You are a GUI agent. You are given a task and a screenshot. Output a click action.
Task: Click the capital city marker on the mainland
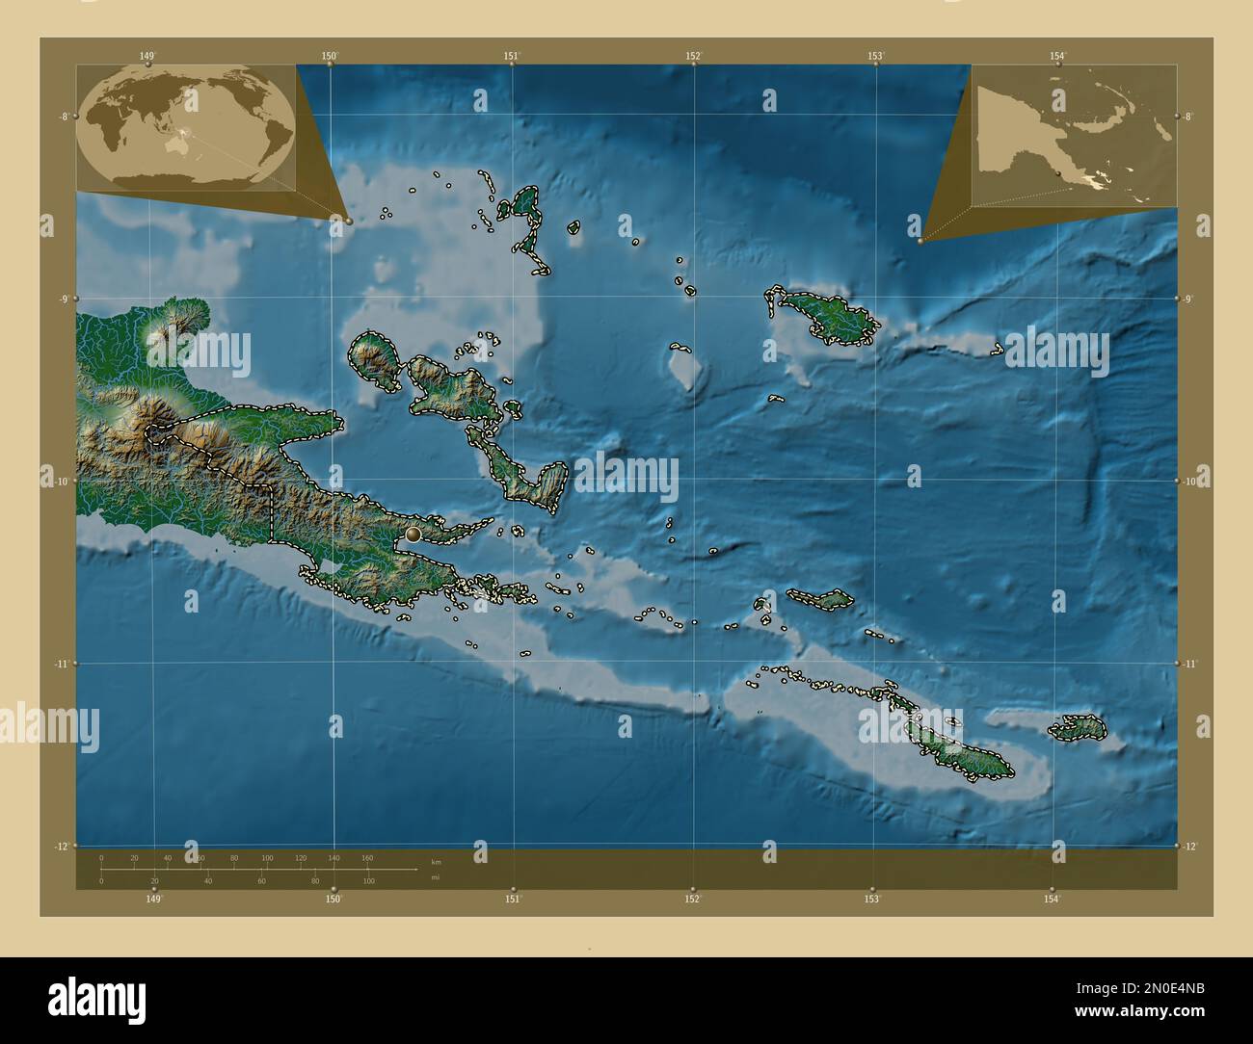point(414,534)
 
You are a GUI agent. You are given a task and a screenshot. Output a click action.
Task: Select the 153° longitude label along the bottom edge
point(871,899)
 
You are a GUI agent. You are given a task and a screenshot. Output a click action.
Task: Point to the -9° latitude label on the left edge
point(64,299)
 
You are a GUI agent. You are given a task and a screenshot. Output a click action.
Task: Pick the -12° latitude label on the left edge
point(64,846)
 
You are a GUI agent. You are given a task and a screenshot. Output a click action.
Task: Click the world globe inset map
point(186,128)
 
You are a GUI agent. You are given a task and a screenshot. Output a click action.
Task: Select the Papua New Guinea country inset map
point(1074,136)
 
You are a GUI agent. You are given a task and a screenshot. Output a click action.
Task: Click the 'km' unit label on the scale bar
point(437,861)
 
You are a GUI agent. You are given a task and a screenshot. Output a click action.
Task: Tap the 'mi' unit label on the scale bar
point(437,876)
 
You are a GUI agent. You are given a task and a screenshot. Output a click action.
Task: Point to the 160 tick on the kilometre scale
point(367,857)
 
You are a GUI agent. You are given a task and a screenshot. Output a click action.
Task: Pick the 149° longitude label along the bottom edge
point(153,899)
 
